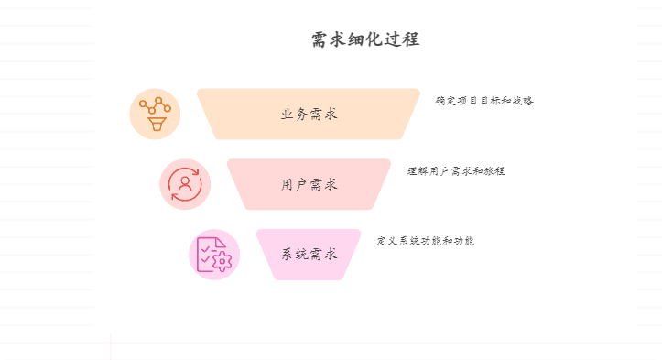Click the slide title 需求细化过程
pos(365,40)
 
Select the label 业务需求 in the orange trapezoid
pos(309,115)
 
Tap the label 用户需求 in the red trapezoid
pos(309,184)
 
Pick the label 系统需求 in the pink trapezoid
pos(309,254)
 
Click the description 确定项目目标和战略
pos(484,101)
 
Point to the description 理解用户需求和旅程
pos(456,171)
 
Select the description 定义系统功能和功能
pos(426,241)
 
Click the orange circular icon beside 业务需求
pos(155,115)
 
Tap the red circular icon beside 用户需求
pos(185,184)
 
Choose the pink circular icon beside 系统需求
pos(214,254)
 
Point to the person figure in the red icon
pos(185,184)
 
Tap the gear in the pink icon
pos(222,261)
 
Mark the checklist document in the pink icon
pos(209,250)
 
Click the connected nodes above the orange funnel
pos(155,104)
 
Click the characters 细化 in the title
pos(365,40)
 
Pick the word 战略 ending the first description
pos(523,101)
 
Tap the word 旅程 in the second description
pos(494,171)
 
